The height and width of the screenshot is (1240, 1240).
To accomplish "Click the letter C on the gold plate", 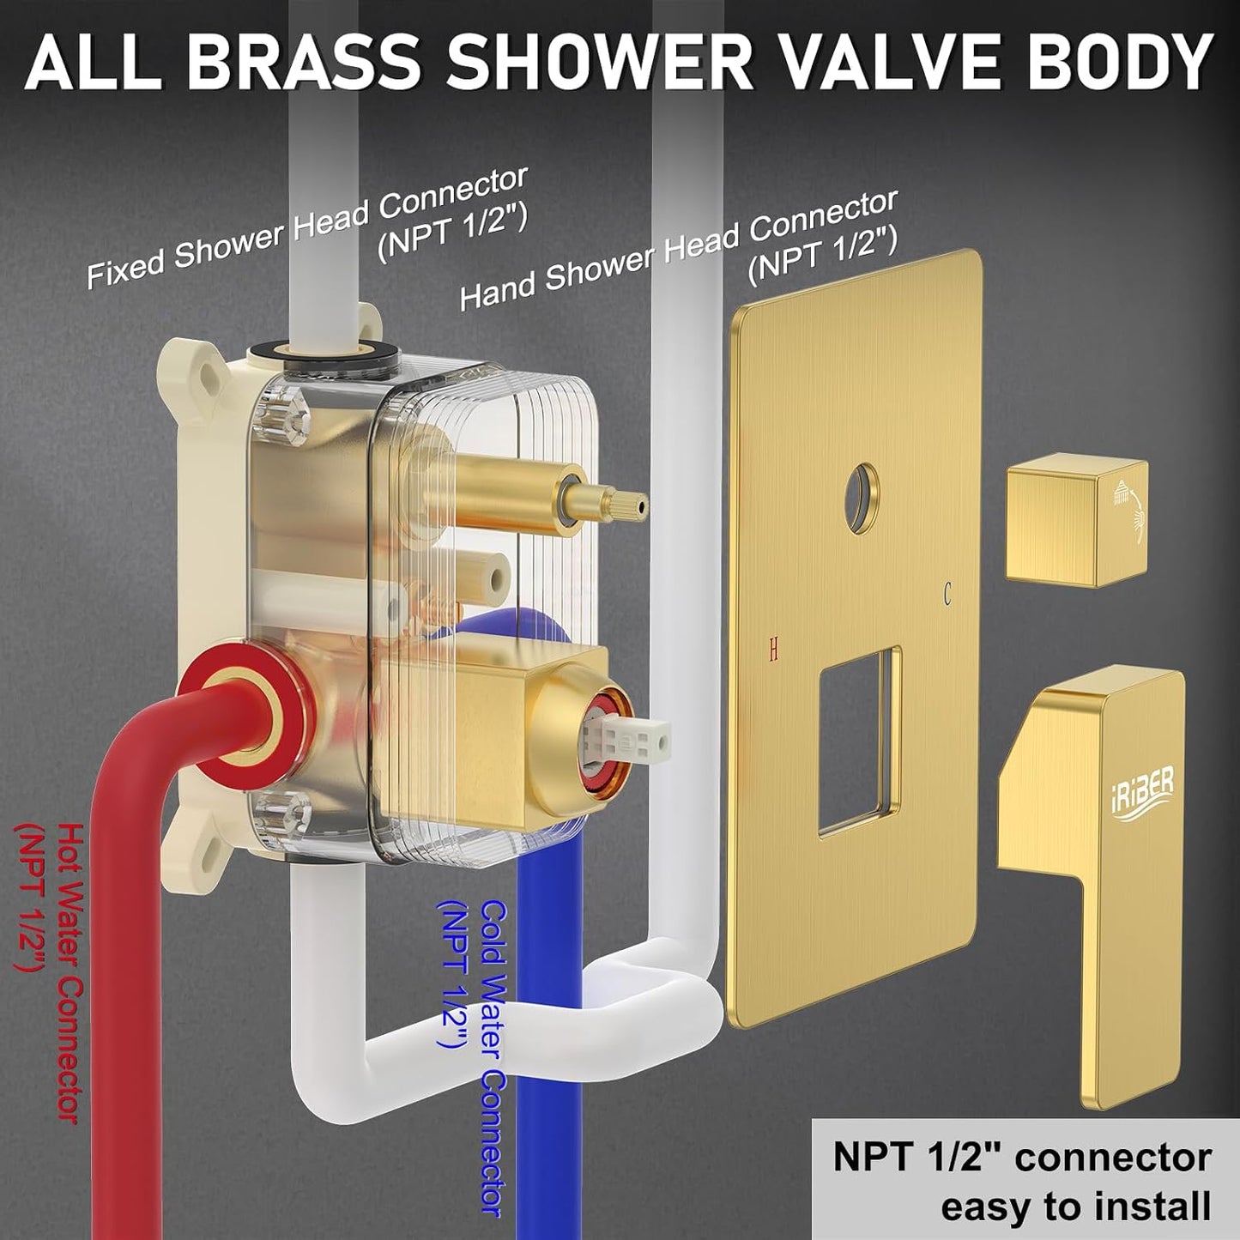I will coord(947,593).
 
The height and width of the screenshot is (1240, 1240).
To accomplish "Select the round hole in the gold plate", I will coord(861,496).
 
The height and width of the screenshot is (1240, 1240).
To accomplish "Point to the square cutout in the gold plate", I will coord(859,740).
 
